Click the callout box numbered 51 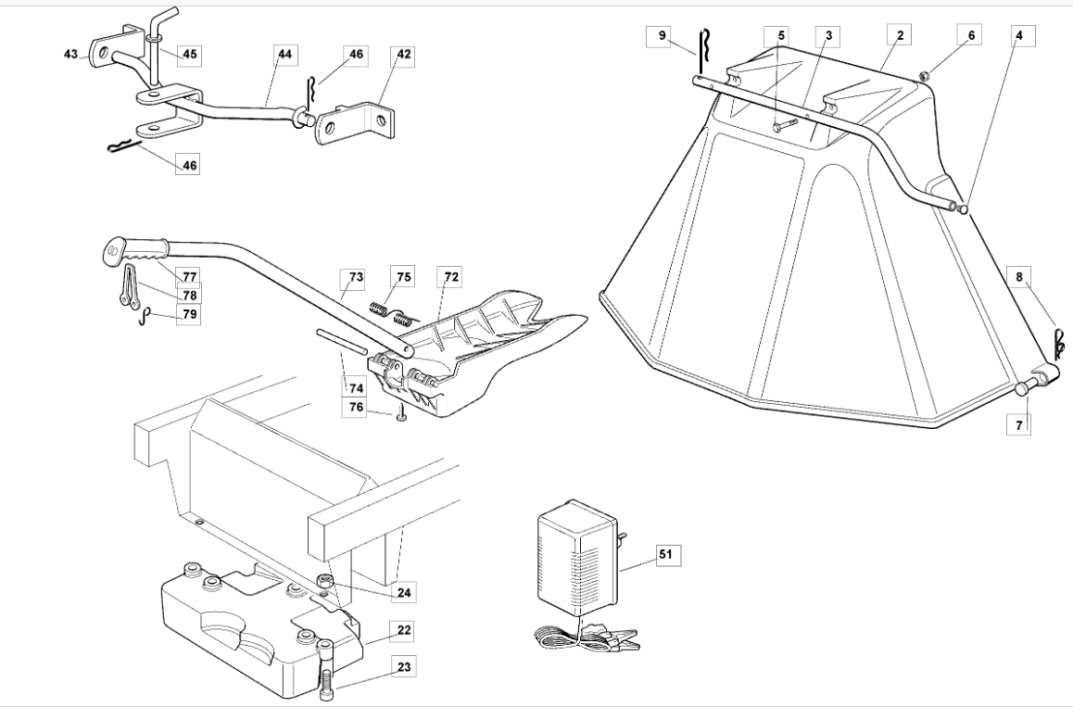tap(665, 554)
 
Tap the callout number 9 tap(662, 35)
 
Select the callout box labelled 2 tap(900, 35)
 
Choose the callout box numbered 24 tap(404, 593)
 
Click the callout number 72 tap(451, 277)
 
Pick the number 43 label tap(71, 54)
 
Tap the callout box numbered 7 tap(1019, 425)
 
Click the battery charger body tap(574, 558)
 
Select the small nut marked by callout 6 tap(924, 76)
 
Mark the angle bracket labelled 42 tap(355, 123)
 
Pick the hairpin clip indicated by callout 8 tap(1058, 342)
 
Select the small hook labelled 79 tap(145, 316)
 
